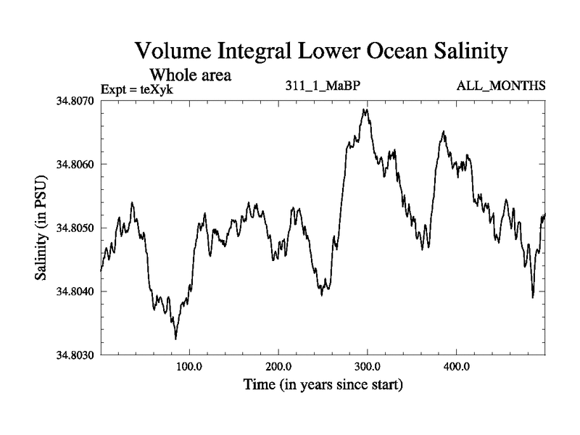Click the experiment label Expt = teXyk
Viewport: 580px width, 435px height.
coord(138,89)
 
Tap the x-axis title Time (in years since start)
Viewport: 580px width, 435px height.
coord(323,384)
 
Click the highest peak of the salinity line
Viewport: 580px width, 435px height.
coord(367,109)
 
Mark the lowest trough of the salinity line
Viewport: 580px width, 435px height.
coord(175,339)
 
